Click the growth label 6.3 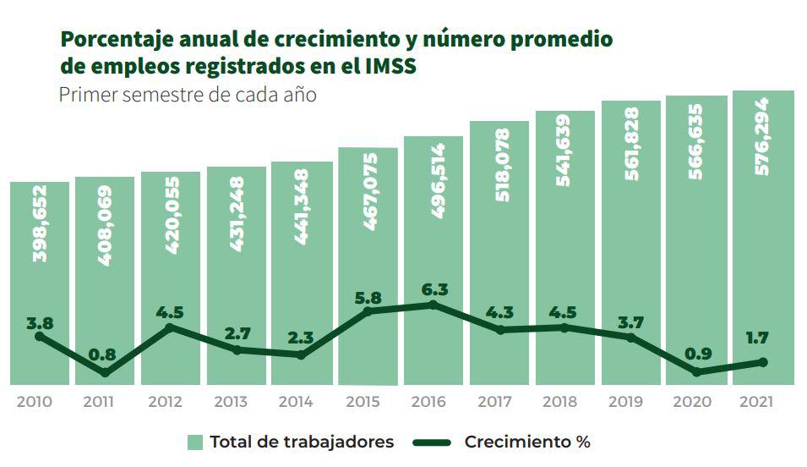[433, 289]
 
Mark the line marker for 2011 [105, 372]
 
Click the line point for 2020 [697, 371]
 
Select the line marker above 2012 [171, 327]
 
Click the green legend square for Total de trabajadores [195, 442]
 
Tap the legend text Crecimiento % [527, 442]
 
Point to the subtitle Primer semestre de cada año [188, 94]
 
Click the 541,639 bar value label [564, 150]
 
